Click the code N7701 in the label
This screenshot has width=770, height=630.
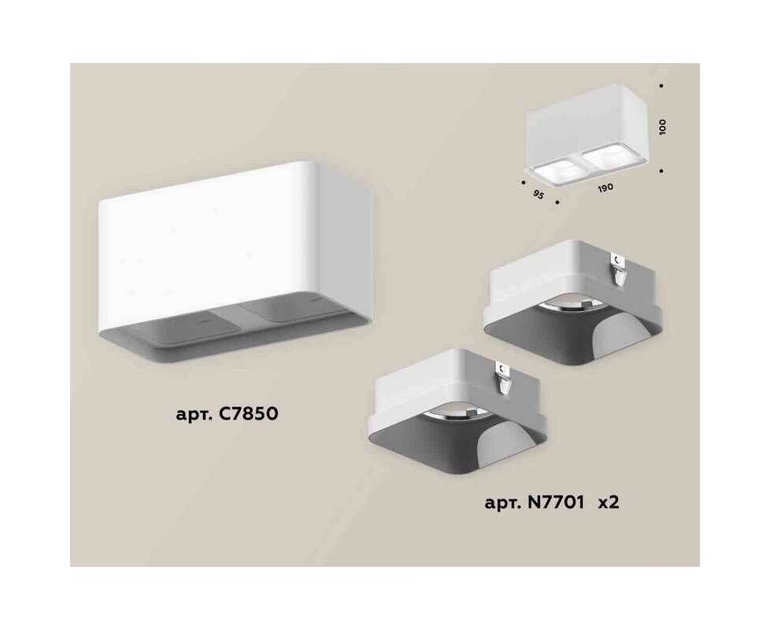tap(557, 503)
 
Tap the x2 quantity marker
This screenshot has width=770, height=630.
tap(608, 503)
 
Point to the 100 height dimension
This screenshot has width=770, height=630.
tap(662, 127)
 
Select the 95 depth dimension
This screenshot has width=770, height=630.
tap(539, 195)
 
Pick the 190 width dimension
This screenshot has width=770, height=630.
tap(605, 188)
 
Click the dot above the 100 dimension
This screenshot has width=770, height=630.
tap(661, 85)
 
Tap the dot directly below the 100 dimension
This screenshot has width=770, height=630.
tap(662, 171)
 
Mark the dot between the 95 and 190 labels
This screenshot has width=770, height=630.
tap(557, 202)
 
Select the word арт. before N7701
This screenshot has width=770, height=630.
tap(502, 504)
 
